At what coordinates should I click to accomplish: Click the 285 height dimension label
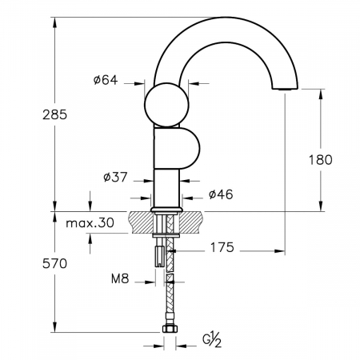(x=54, y=115)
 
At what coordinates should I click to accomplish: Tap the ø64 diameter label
(x=106, y=80)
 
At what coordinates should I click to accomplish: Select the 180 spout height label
(x=321, y=160)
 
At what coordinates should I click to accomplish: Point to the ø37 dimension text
(x=115, y=177)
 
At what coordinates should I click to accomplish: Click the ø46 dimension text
(x=221, y=194)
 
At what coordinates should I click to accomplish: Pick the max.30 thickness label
(x=90, y=222)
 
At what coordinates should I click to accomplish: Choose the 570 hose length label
(x=54, y=264)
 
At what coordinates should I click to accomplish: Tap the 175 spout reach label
(x=222, y=247)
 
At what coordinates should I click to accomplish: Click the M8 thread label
(x=120, y=279)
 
